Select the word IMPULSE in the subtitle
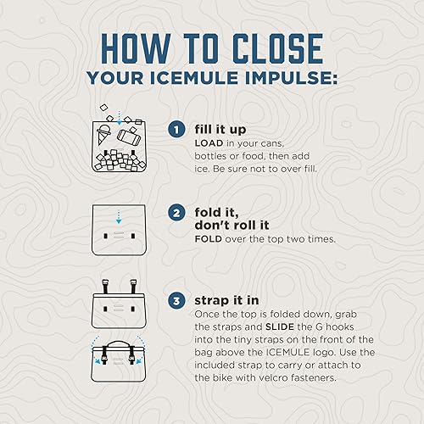291,78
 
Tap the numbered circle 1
176,129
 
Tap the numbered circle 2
176,213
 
